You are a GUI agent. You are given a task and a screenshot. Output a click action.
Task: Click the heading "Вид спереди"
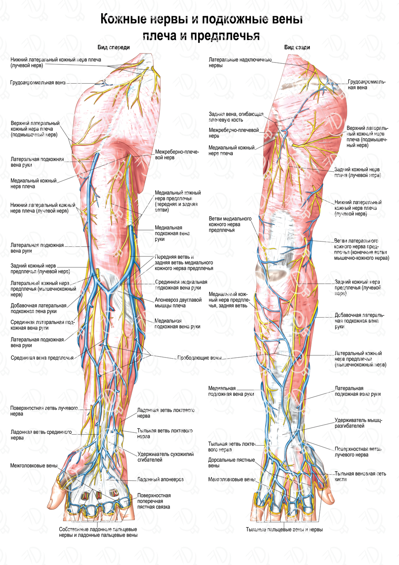114,47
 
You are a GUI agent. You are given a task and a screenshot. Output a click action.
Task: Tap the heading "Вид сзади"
297,47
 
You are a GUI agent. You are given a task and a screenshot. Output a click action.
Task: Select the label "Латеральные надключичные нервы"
240,63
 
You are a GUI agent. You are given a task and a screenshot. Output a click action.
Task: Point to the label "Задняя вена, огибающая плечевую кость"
236,117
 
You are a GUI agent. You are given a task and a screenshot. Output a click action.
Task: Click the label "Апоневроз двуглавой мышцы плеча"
178,303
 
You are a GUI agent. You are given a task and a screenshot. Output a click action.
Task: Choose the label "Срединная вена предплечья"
42,358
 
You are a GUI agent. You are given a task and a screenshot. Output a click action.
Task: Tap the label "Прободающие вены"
199,358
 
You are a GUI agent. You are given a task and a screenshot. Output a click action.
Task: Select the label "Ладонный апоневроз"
160,479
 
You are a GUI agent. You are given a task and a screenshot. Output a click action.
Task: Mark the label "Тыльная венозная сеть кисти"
360,476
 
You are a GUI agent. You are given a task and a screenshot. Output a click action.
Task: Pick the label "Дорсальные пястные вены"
232,463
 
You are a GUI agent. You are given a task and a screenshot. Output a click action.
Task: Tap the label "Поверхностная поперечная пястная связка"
154,501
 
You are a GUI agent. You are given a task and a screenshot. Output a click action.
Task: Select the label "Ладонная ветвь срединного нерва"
41,435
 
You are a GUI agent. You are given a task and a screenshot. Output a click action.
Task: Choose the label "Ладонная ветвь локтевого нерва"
166,413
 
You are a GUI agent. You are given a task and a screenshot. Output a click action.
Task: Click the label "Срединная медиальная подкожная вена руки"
181,285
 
